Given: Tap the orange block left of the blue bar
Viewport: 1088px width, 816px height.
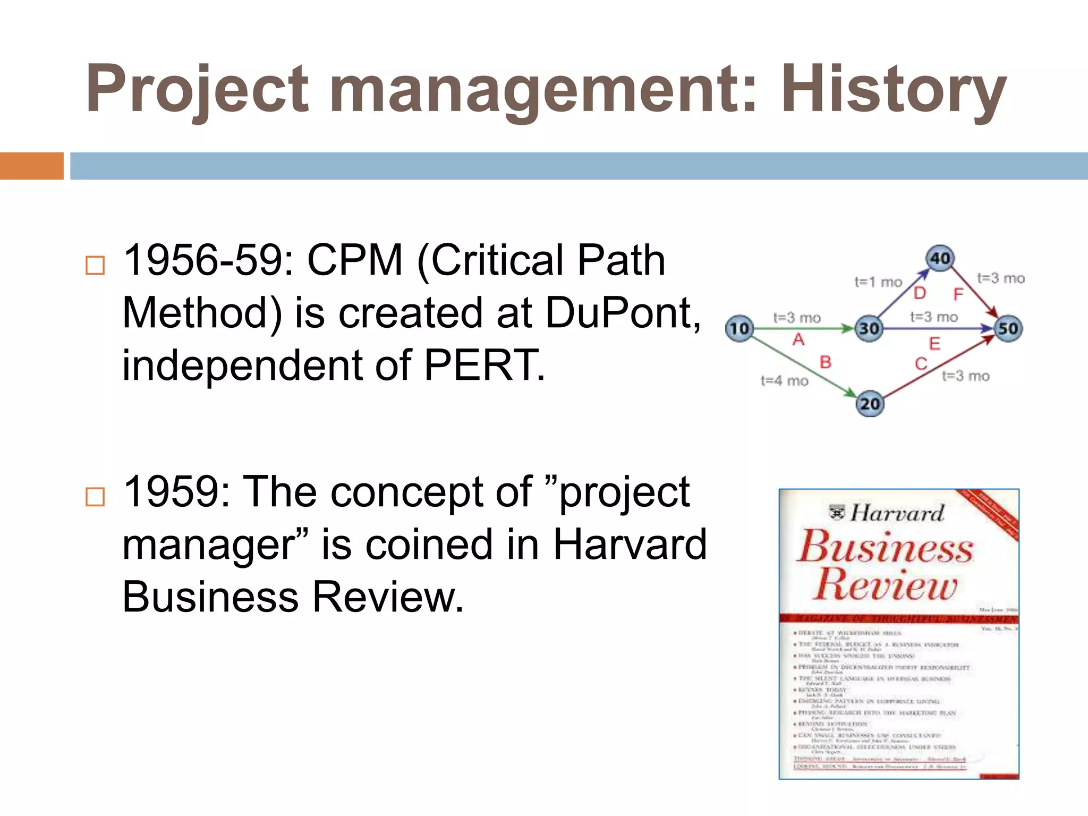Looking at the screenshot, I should pyautogui.click(x=31, y=166).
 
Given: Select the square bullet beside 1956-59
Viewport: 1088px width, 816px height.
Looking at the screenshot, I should pyautogui.click(x=95, y=265).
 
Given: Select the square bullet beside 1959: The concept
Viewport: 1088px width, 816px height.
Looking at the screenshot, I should pyautogui.click(x=95, y=497).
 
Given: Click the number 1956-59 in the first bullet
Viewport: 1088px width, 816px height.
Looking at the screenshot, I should pyautogui.click(x=208, y=260).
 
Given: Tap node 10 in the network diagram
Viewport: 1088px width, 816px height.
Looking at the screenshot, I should pyautogui.click(x=739, y=329).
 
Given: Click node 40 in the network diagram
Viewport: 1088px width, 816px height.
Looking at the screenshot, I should pyautogui.click(x=940, y=258).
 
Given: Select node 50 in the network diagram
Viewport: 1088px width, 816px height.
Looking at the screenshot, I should pyautogui.click(x=1008, y=329).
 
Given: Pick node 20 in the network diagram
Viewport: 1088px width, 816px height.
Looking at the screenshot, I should pyautogui.click(x=870, y=404).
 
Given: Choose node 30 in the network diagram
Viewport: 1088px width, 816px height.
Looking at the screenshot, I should pyautogui.click(x=869, y=329).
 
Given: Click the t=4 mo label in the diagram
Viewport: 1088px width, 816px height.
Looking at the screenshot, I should pyautogui.click(x=784, y=381).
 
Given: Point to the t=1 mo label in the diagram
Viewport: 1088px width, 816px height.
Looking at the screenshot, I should pyautogui.click(x=878, y=282).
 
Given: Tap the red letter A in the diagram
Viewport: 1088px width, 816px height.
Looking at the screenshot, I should pyautogui.click(x=798, y=339).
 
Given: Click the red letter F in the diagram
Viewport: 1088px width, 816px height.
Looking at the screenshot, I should pyautogui.click(x=958, y=294).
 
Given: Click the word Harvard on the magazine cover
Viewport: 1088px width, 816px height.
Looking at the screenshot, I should pyautogui.click(x=897, y=513).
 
